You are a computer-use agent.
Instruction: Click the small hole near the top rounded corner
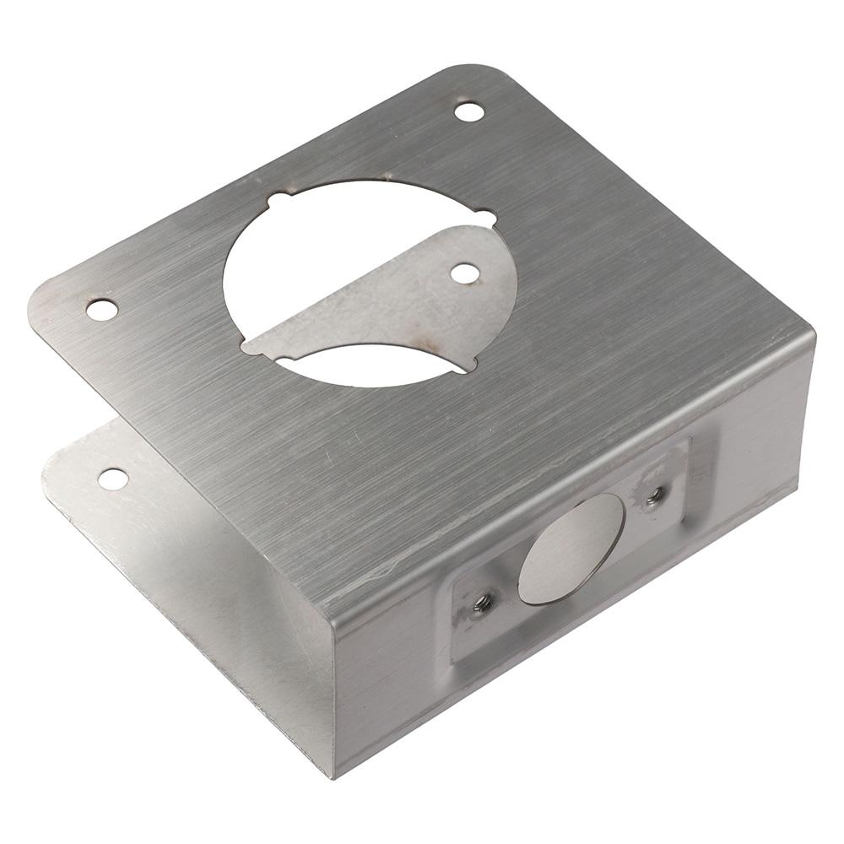(469, 111)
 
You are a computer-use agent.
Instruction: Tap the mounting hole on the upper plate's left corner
(102, 310)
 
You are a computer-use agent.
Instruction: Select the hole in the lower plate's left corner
(113, 479)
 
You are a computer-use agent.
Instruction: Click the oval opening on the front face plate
(572, 549)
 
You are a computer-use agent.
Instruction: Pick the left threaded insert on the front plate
(484, 603)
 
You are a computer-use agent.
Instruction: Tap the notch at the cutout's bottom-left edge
(248, 347)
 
